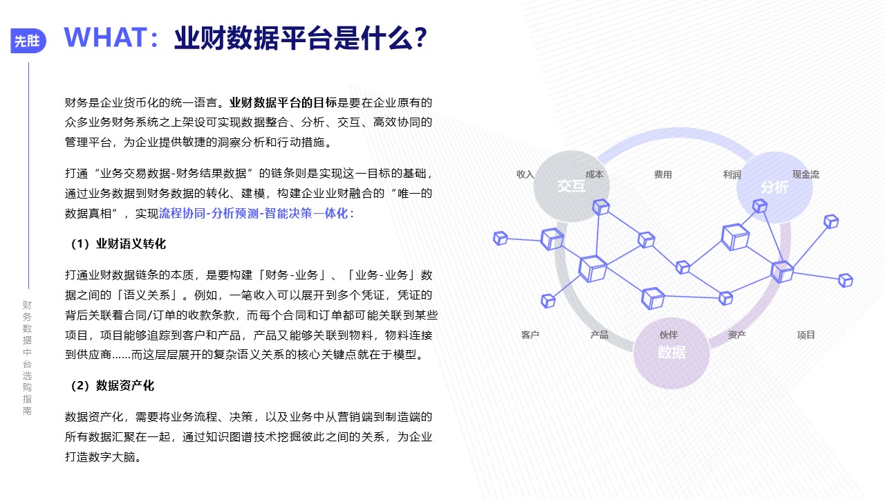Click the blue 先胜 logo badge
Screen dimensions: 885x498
[28, 41]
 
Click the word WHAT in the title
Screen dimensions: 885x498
[106, 38]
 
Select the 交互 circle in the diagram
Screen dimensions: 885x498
[571, 186]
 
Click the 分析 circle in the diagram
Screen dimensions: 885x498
[774, 187]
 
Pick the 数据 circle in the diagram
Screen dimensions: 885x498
[671, 353]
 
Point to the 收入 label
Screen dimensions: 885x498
[525, 174]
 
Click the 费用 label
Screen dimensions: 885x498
[663, 174]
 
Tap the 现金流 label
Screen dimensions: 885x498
[805, 174]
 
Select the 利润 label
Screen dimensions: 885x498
[732, 174]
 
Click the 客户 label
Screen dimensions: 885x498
[530, 335]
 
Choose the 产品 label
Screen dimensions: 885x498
[599, 335]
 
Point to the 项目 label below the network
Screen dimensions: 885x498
[806, 335]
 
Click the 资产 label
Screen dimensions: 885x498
[737, 335]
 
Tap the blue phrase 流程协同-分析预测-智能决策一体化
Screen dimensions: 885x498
[253, 214]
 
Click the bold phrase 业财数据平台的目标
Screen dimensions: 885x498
[283, 103]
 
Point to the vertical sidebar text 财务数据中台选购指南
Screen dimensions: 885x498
[27, 358]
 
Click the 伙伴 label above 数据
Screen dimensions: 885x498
[669, 335]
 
